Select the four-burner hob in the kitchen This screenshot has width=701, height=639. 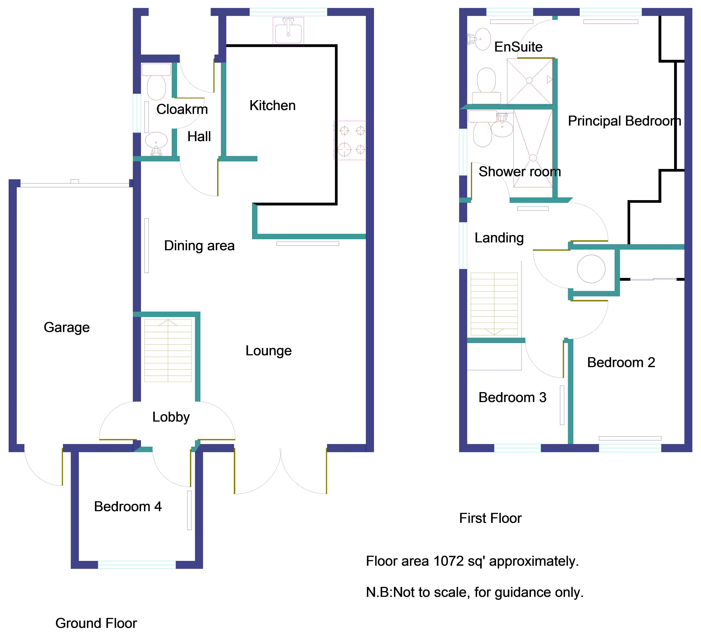click(350, 140)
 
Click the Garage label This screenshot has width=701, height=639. click(67, 327)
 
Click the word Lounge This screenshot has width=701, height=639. click(268, 351)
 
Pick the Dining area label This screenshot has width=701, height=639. click(199, 245)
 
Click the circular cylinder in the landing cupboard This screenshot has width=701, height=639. click(591, 269)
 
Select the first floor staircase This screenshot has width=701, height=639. click(494, 304)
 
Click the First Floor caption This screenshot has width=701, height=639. click(490, 518)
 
